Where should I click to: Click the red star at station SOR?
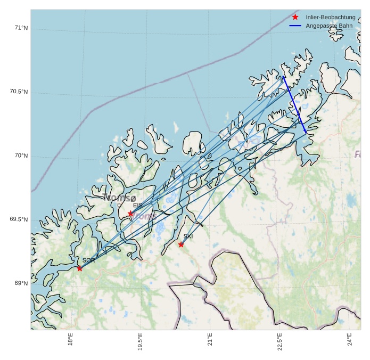80,268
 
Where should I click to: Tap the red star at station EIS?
130,214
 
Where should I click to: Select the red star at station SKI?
181,244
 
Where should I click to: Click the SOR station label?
88,260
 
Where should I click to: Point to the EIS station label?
138,205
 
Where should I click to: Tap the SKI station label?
188,236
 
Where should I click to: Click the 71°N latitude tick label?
21,28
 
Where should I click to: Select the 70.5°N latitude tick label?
19,92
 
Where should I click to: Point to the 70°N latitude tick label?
21,156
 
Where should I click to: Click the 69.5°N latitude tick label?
19,219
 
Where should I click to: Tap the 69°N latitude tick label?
21,283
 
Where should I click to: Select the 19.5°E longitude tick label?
140,342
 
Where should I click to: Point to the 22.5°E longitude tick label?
279,342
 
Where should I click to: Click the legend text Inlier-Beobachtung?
330,17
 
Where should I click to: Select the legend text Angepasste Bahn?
328,26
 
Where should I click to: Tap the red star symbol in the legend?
295,17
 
